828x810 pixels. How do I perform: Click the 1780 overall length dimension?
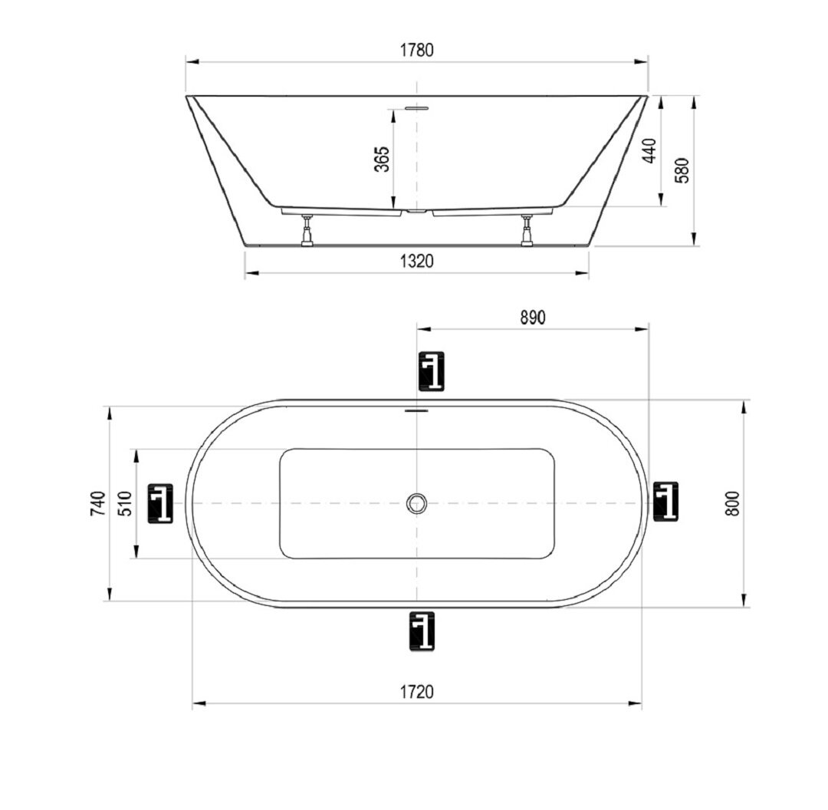click(416, 50)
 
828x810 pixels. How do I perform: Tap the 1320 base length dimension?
click(416, 261)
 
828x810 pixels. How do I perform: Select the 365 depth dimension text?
click(382, 159)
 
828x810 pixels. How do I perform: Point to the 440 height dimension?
click(649, 150)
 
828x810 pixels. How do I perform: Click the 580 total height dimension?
click(682, 170)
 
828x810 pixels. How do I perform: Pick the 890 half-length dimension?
click(532, 318)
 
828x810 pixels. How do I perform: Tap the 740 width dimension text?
click(99, 503)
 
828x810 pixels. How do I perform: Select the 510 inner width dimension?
click(124, 503)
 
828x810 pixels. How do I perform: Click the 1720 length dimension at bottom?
click(416, 691)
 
